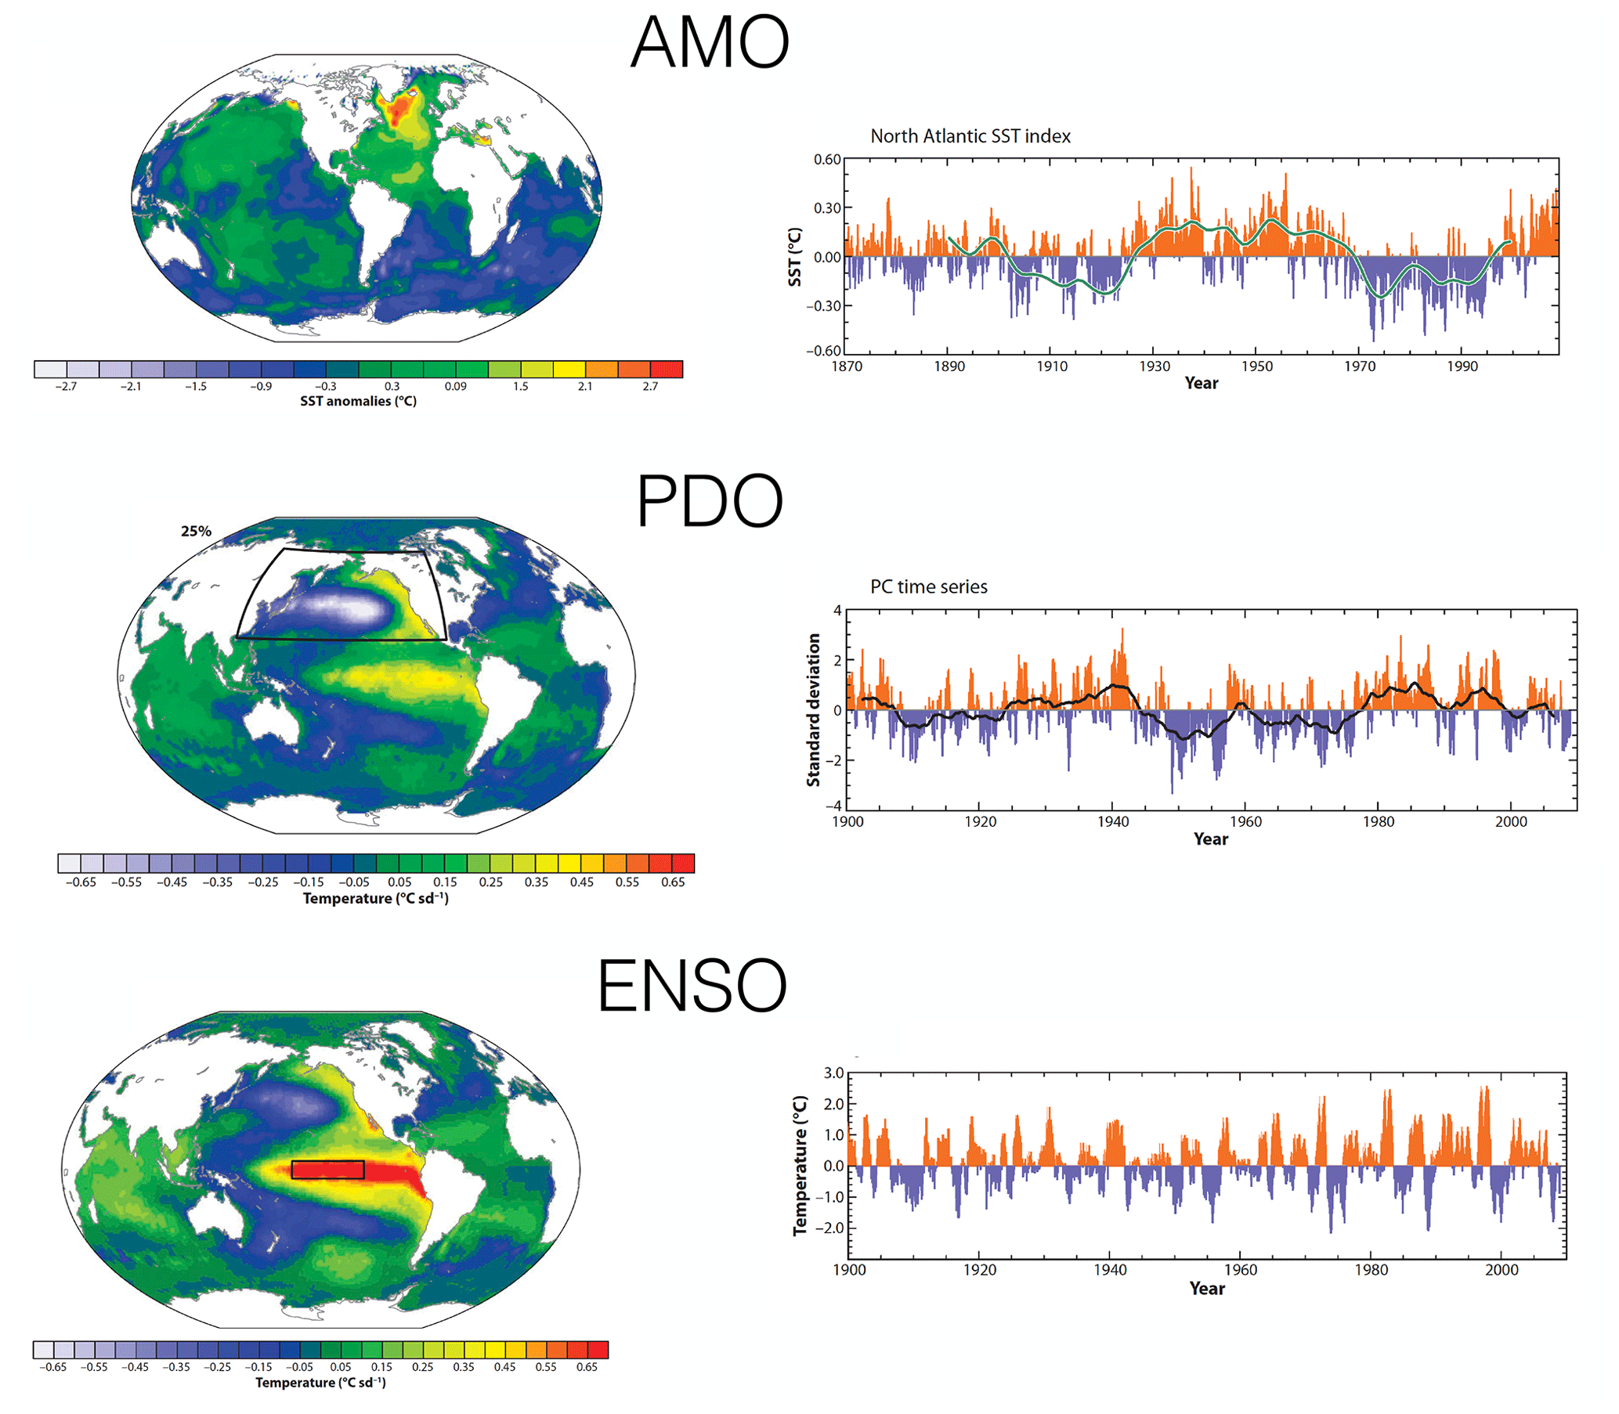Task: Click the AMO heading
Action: (710, 42)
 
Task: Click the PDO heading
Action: (709, 502)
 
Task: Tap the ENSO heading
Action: (692, 986)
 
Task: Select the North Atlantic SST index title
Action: (970, 136)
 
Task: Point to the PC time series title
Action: (928, 587)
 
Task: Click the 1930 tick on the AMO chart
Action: (1154, 366)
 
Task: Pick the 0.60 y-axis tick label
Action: (827, 160)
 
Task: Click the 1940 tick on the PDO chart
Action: (1112, 822)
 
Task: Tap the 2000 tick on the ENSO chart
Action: (1502, 1270)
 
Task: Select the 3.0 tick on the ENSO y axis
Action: (833, 1073)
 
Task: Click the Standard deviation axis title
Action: (814, 710)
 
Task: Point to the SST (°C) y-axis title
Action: (795, 258)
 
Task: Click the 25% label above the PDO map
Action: (196, 532)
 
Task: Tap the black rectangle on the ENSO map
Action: (327, 1170)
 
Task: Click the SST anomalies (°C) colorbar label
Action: (359, 402)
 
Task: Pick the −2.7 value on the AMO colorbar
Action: (66, 387)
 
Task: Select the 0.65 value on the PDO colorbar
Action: (673, 882)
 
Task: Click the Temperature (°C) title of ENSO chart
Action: (800, 1166)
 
